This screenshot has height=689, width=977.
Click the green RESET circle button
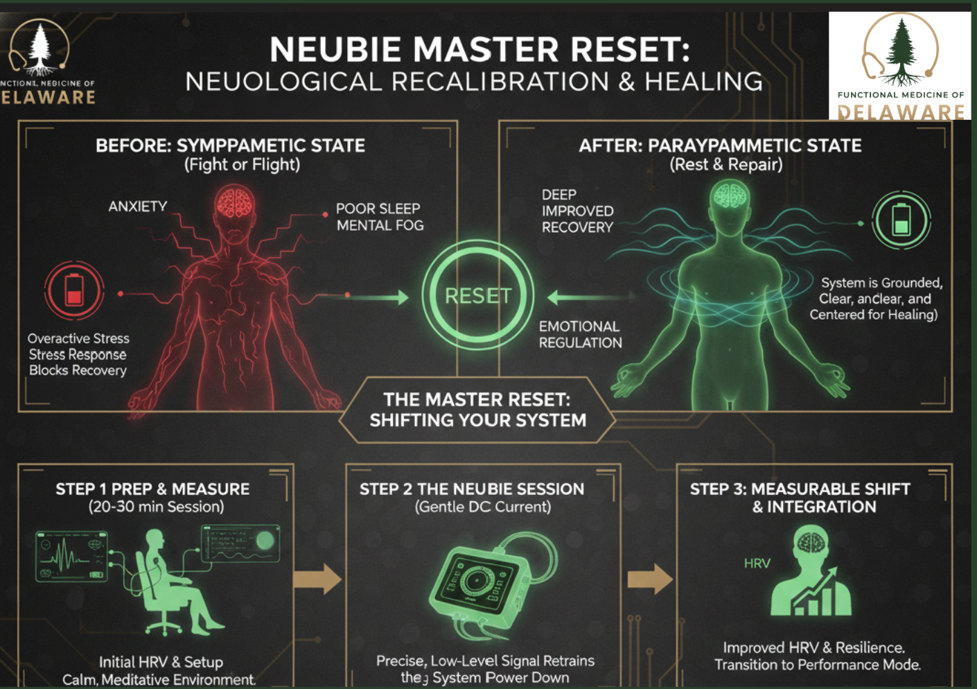[x=478, y=296]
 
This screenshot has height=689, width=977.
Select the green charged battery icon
[x=901, y=220]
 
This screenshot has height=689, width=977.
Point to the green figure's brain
[x=729, y=195]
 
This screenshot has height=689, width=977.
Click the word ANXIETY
[x=138, y=207]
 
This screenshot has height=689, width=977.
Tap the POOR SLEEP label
[x=378, y=209]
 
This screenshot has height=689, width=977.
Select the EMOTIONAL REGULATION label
[x=580, y=334]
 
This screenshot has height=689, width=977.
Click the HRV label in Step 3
[x=757, y=564]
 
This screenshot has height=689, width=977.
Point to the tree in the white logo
[x=901, y=49]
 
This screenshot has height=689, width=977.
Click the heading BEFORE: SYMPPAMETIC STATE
[x=230, y=146]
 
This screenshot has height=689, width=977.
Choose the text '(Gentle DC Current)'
[x=483, y=507]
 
